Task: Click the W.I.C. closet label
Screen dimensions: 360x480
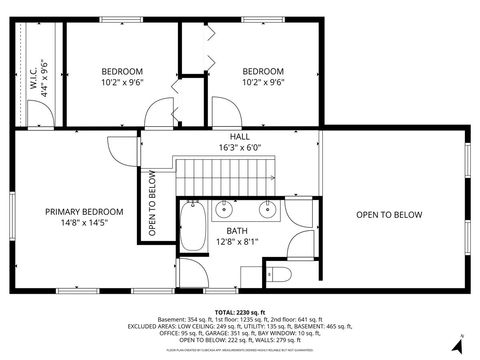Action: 33,77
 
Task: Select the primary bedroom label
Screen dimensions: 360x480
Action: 84,212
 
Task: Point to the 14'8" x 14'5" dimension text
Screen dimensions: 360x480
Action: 84,224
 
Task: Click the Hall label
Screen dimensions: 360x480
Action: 240,136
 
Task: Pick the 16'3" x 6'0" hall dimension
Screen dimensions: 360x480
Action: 240,147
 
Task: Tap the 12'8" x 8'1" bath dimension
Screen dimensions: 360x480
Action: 236,241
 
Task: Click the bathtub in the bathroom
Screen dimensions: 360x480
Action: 192,228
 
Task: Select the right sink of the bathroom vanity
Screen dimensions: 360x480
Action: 268,209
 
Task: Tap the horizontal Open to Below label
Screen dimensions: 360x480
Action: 390,215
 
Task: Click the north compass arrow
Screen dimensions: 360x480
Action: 456,345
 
